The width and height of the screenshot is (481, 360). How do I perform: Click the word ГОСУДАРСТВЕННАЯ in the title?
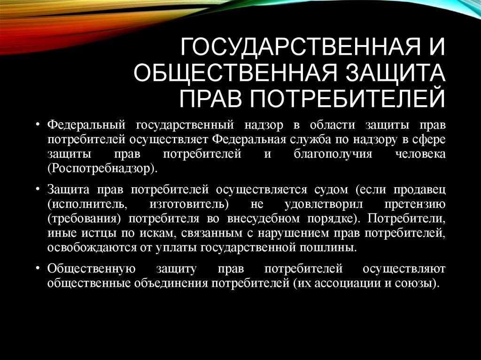point(300,47)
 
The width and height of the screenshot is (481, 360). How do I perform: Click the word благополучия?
point(333,154)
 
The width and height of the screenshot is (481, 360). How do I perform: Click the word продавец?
point(419,190)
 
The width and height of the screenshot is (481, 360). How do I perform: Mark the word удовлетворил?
point(324,204)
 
